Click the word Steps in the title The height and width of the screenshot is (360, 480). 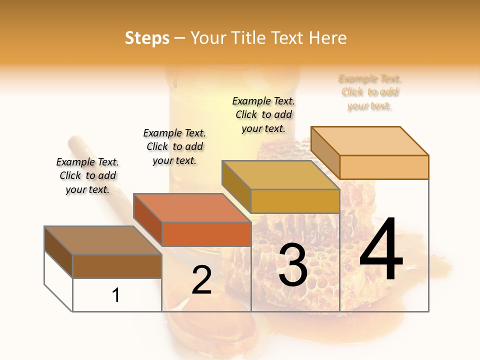[x=147, y=38]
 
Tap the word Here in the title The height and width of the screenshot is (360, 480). [x=327, y=38]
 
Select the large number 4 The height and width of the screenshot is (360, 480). [x=381, y=250]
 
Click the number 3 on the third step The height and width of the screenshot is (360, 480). [x=293, y=265]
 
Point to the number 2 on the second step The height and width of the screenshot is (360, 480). [x=201, y=280]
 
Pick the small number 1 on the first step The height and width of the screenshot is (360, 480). [x=116, y=295]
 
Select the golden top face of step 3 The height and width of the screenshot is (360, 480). [x=280, y=175]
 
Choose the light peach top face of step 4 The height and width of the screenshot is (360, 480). [x=369, y=141]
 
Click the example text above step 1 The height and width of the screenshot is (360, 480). [x=87, y=175]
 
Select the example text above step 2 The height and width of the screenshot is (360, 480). [x=174, y=146]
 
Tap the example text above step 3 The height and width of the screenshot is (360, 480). [x=263, y=114]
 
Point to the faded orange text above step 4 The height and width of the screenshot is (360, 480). [x=370, y=92]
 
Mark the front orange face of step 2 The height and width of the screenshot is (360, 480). [x=206, y=234]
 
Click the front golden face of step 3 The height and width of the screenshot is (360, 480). [x=295, y=201]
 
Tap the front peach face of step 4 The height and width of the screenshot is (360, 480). [x=384, y=167]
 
